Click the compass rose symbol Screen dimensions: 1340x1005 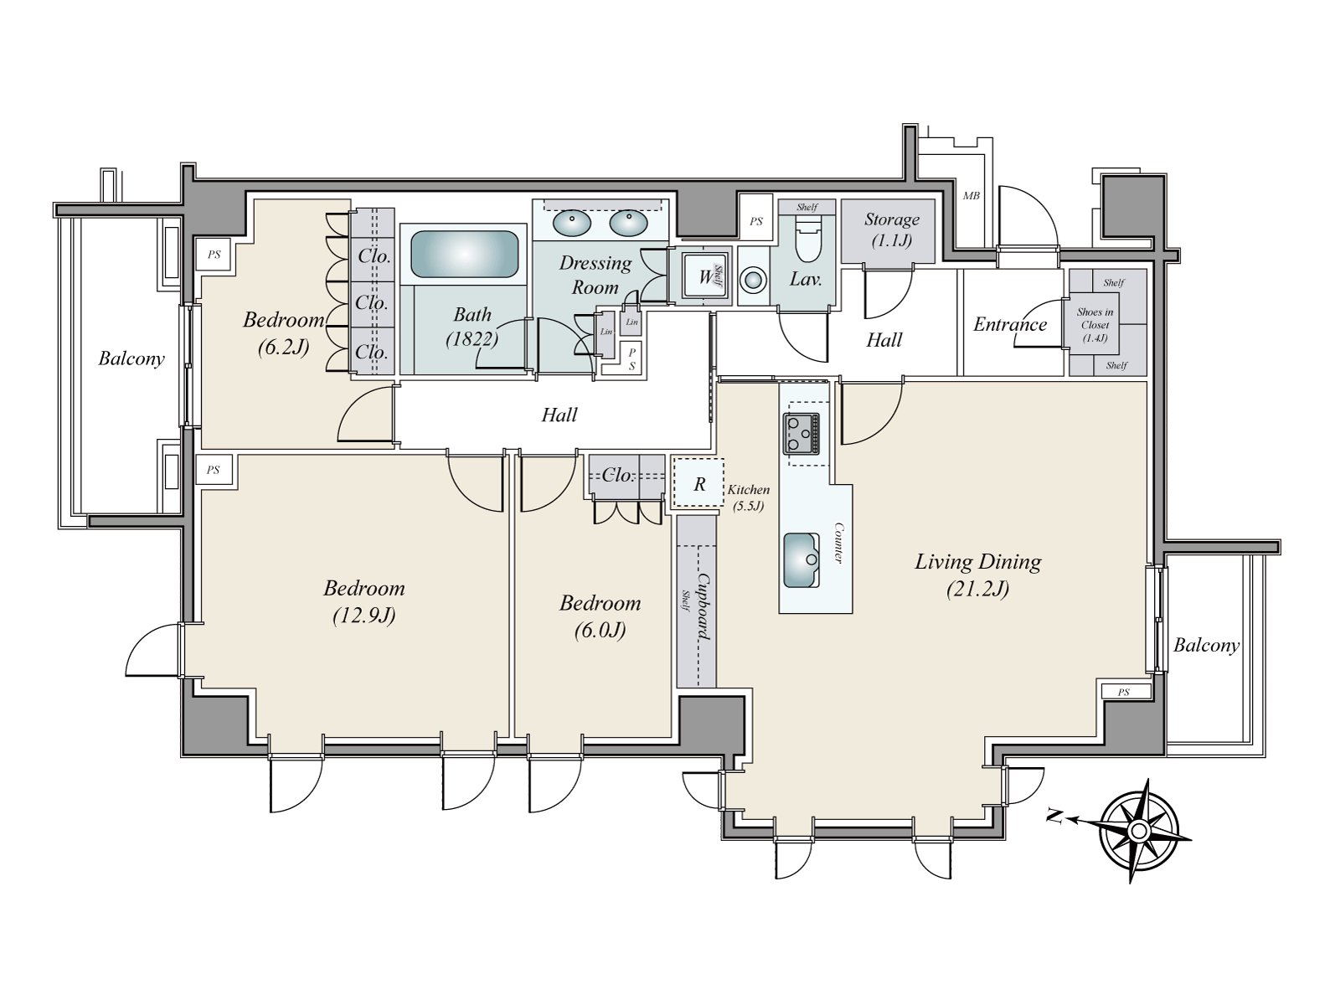point(1138,831)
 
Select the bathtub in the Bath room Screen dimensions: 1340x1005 point(464,254)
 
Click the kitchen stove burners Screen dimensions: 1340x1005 point(801,434)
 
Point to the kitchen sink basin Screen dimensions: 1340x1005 point(801,560)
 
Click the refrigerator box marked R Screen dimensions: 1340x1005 point(698,484)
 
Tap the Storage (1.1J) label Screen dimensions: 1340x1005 point(891,229)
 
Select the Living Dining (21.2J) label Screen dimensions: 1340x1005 point(978,575)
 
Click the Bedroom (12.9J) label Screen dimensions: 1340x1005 point(363,601)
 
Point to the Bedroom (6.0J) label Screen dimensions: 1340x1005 point(600,617)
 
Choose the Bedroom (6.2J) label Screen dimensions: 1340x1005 point(283,333)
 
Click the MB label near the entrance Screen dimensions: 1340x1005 point(971,196)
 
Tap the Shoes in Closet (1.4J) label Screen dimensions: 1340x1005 point(1095,325)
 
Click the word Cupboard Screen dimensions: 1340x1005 point(703,606)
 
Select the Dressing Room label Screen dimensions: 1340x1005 point(595,275)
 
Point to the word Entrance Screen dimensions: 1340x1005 point(1010,324)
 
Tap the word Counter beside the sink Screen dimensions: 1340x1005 point(838,543)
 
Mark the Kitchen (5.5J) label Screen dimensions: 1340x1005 point(749,497)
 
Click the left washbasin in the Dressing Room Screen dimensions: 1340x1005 point(571,223)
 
